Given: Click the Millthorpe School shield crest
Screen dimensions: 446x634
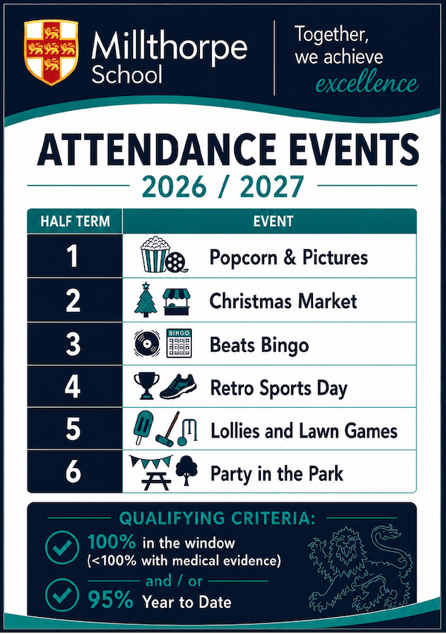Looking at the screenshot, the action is point(51,53).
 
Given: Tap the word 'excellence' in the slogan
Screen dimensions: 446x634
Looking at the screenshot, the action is point(366,83).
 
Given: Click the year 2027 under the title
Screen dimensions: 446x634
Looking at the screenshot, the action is point(271,187).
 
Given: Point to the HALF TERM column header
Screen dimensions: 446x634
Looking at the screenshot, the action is point(75,221).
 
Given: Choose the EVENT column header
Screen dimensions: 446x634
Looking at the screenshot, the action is point(273,221).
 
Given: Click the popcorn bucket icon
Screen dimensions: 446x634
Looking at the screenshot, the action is point(155,254).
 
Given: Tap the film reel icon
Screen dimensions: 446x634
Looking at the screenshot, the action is point(177,262).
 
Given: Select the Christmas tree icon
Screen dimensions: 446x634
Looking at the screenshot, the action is point(146,300).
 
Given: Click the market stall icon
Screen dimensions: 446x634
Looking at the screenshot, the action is point(177,301).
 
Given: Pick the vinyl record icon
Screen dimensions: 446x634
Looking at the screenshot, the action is point(146,344).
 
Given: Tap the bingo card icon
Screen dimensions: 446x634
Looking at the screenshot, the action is point(179,343).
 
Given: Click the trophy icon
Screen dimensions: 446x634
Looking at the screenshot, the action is point(146,385).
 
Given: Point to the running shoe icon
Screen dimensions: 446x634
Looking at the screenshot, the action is point(178,387).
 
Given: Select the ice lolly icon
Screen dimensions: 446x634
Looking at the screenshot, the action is point(143,427).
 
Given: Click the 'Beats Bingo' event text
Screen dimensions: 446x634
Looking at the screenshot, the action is point(259,345).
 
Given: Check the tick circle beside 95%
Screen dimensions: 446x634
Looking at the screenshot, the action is point(62,595).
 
